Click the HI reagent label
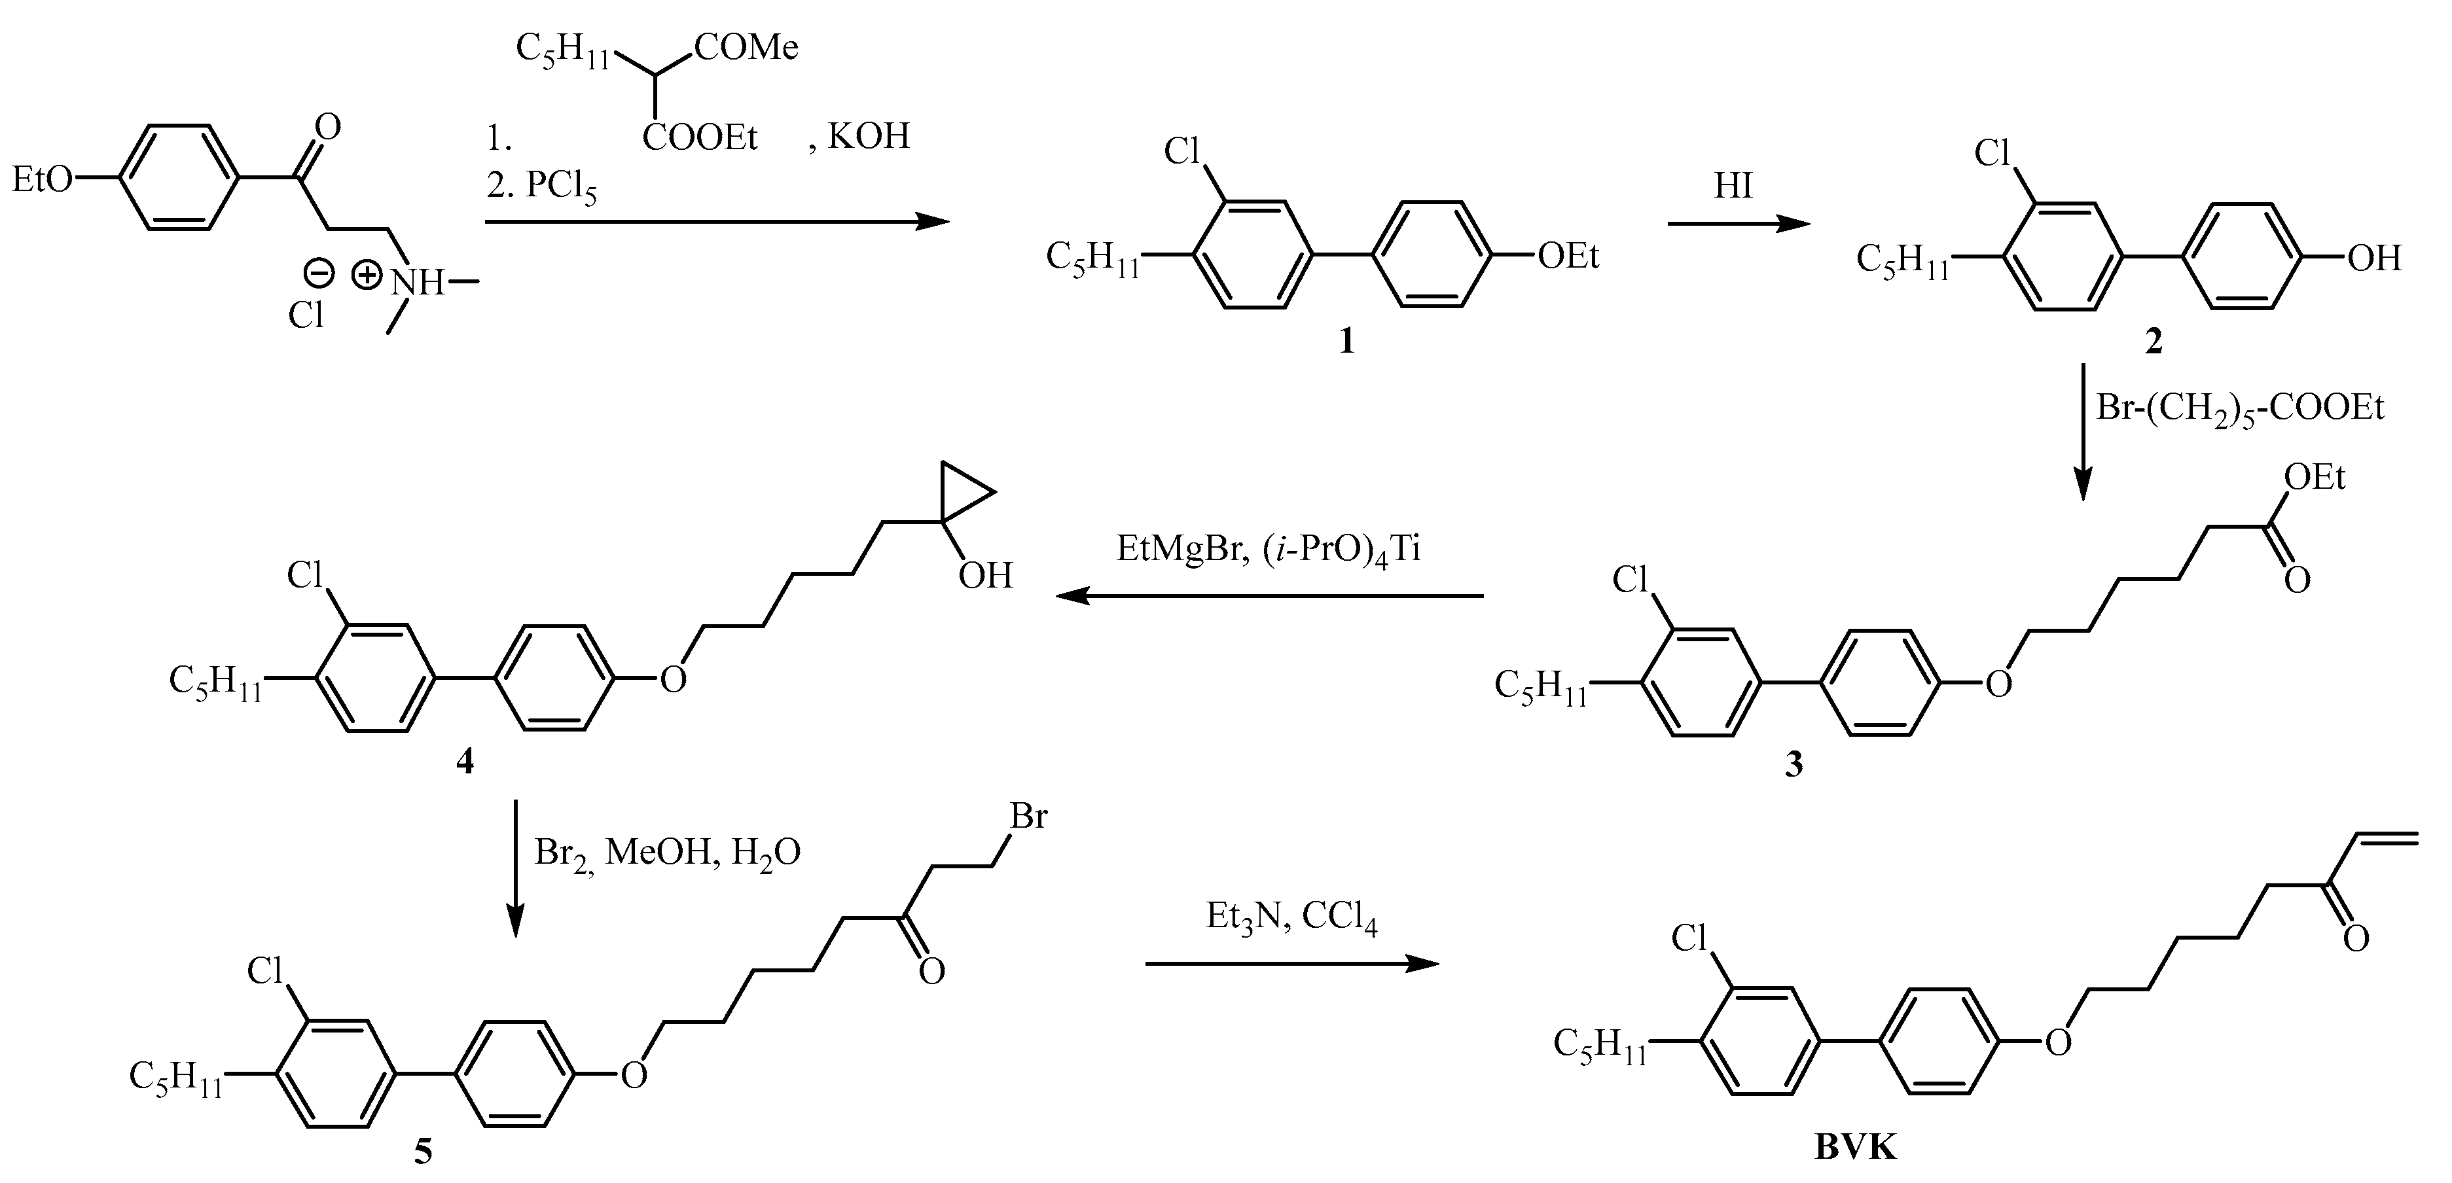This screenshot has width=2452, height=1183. tap(1733, 186)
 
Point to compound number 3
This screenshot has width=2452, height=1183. tap(1794, 765)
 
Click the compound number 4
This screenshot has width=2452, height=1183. tap(465, 762)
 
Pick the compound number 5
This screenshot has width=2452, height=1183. tap(423, 1152)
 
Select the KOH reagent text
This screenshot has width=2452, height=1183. tap(868, 136)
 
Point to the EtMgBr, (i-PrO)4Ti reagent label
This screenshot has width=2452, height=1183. tap(1268, 550)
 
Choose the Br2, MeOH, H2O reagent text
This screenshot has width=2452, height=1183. tap(666, 852)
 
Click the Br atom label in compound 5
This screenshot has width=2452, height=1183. tap(1028, 816)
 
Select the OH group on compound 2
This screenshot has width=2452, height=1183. tap(2374, 258)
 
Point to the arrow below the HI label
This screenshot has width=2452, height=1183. tap(1738, 224)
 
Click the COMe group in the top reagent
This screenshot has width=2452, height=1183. tap(746, 46)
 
